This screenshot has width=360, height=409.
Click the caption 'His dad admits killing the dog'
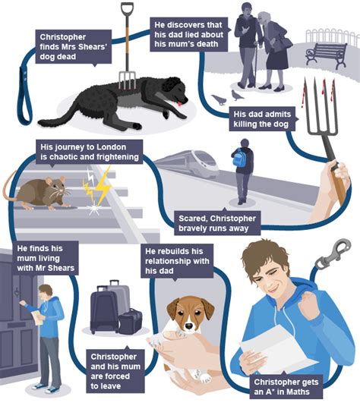point(262,119)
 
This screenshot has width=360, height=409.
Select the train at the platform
point(188,162)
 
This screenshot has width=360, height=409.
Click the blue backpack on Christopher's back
point(238,158)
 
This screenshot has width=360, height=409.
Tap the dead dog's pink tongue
point(179,103)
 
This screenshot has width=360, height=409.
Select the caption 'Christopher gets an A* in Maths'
point(286,387)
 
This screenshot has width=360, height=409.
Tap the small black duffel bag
point(131,322)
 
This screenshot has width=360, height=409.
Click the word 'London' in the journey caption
point(111,147)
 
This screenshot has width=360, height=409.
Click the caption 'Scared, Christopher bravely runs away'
point(217,223)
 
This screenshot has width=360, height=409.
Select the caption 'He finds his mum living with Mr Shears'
point(46,258)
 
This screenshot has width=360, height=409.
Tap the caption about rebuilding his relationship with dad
point(177,261)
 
